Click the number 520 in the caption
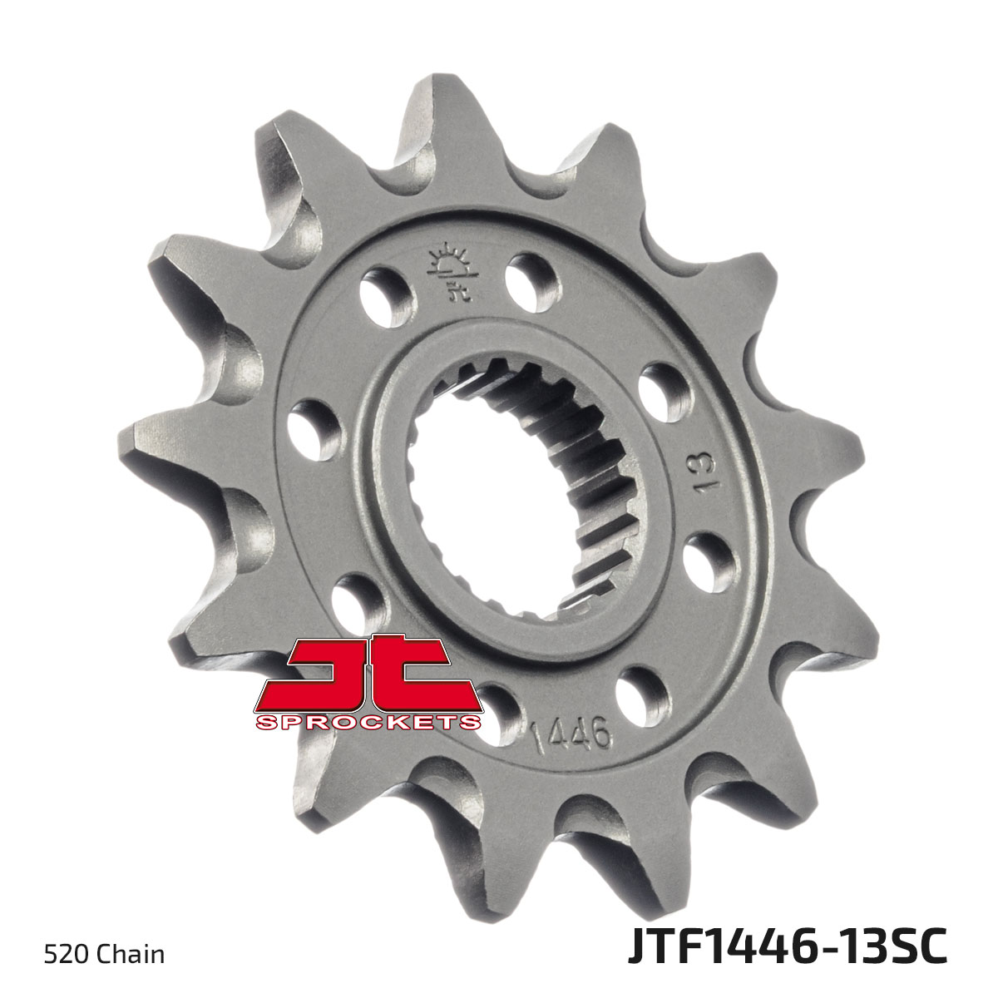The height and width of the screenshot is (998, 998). coord(64,954)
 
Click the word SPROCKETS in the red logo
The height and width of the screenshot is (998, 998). coord(369,721)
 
